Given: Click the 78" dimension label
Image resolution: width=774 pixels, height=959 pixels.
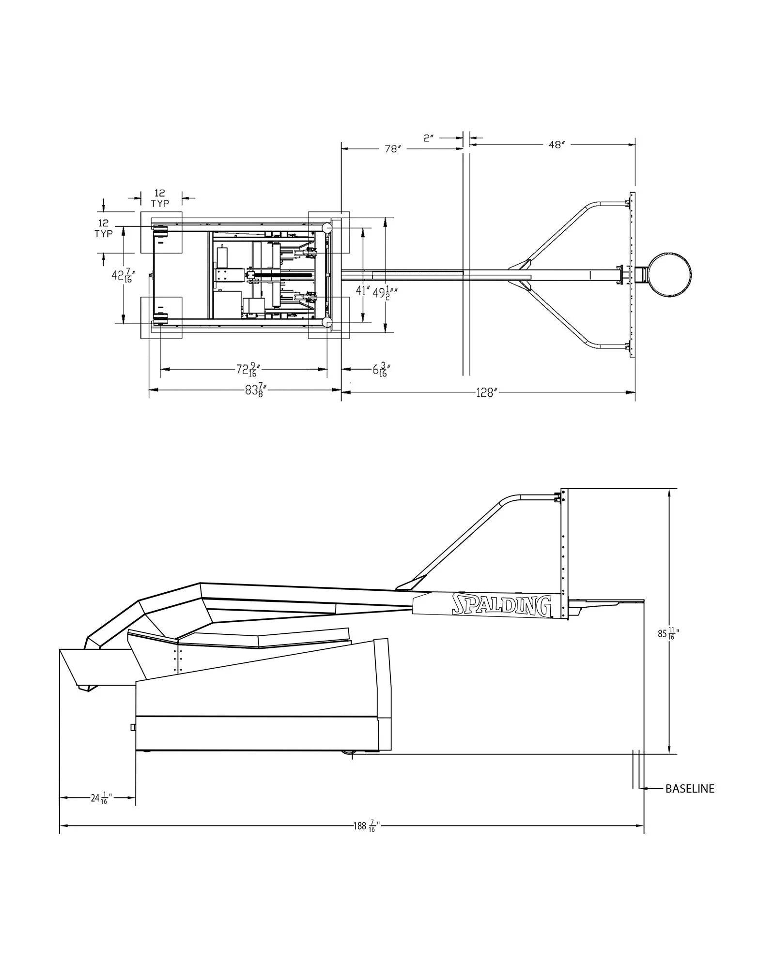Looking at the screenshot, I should coord(393,149).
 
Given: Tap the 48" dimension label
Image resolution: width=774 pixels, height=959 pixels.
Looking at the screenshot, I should coord(557,144).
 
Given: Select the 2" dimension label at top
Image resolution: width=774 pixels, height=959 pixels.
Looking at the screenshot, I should coord(428,138).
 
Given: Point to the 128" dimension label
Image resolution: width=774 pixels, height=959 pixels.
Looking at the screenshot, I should coord(487,392).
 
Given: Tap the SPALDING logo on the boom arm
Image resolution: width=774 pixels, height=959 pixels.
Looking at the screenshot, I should coord(501,605).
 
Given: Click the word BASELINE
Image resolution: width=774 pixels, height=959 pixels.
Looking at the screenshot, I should coord(689,789).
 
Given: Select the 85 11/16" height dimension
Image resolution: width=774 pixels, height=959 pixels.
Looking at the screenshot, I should coord(668,633).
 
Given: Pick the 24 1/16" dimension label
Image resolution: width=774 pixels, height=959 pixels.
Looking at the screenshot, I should coord(101,798).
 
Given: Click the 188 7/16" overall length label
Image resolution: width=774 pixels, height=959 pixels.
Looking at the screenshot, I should coord(365,826).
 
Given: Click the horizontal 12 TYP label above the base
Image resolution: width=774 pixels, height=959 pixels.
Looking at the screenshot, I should coord(160,198).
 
